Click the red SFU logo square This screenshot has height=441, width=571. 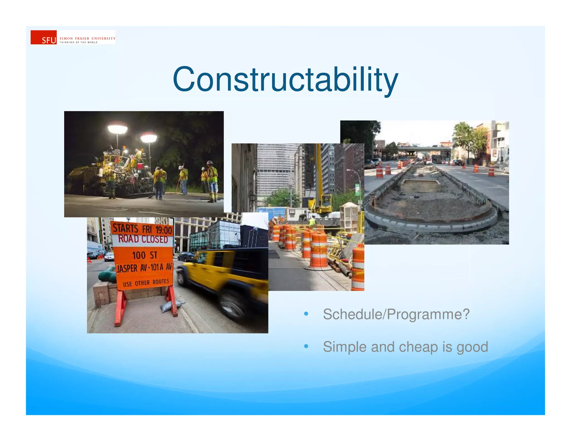click(43, 37)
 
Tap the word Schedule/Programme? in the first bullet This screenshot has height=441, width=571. click(396, 314)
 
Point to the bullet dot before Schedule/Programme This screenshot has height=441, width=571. click(306, 314)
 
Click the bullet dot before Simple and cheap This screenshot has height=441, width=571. click(306, 346)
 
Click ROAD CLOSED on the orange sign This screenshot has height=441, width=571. click(143, 239)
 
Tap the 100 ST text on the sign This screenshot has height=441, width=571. click(144, 255)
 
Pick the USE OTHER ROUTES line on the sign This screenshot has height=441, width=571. click(146, 283)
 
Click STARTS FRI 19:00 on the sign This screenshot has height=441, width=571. click(142, 229)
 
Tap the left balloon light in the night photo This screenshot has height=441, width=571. click(117, 129)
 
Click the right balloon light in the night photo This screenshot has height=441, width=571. click(149, 137)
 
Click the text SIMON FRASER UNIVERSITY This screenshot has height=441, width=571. click(87, 38)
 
